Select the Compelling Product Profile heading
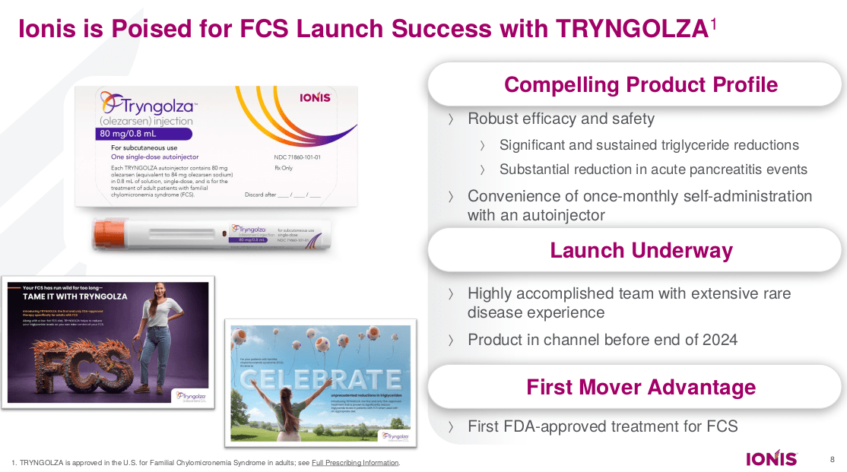coord(641,84)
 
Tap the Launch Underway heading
coord(641,251)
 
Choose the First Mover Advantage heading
coord(641,387)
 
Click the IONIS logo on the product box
coord(315,98)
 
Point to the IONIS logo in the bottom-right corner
coord(771,458)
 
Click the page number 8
coord(831,458)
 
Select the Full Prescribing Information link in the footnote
coord(355,463)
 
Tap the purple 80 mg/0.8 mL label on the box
coord(126,135)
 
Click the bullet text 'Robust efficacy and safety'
coord(560,119)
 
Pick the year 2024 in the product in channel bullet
coord(719,340)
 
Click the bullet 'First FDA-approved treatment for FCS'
coord(602,426)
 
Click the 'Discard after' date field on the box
coord(282,195)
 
